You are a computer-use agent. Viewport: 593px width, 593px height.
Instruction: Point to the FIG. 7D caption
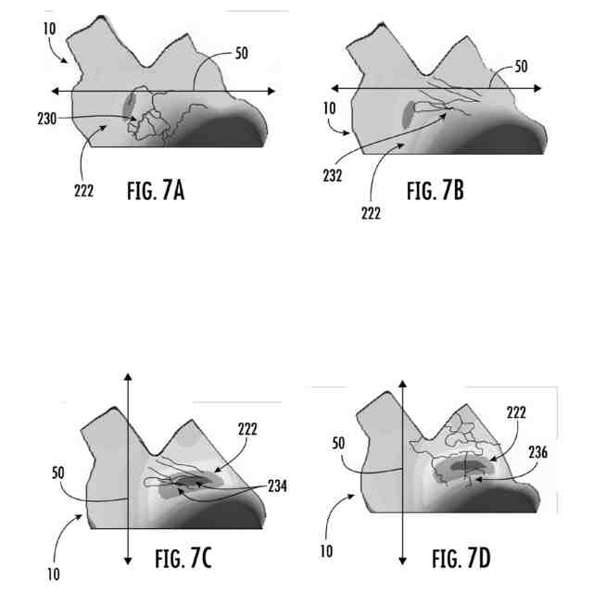(466, 559)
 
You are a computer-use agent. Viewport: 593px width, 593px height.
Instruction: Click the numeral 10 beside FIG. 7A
(49, 28)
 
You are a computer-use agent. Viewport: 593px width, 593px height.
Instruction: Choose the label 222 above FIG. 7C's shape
(247, 428)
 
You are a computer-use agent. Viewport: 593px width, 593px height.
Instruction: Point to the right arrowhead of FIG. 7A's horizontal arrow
(271, 90)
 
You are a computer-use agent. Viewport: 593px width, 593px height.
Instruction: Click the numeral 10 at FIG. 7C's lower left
(55, 574)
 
